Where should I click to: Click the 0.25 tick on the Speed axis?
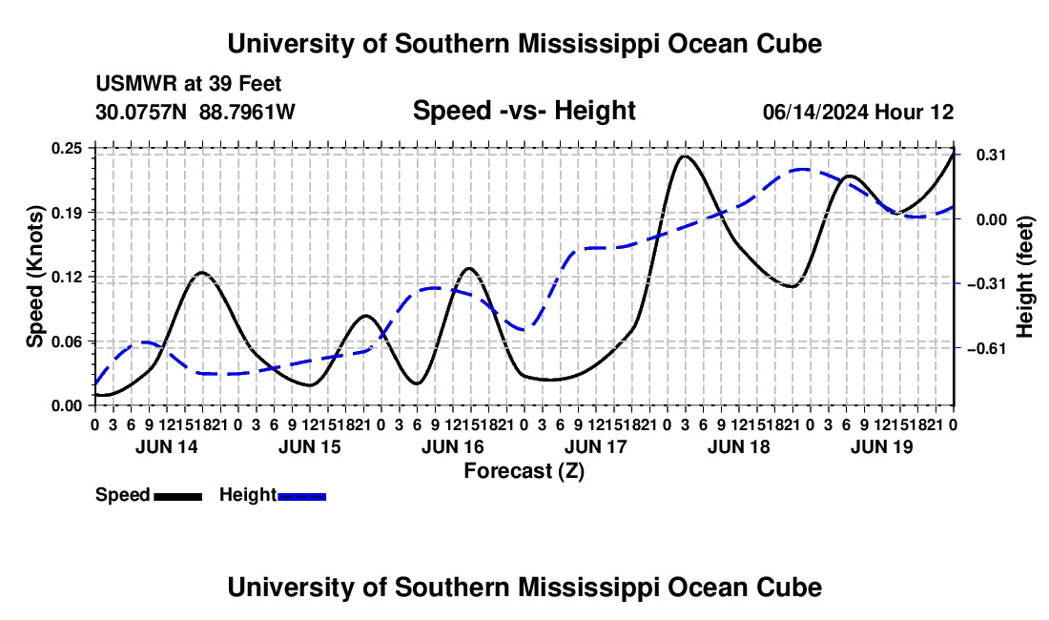pos(66,148)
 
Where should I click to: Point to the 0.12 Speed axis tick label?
pos(66,277)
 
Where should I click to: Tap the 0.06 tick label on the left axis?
pos(66,341)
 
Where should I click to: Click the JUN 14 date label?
pos(167,446)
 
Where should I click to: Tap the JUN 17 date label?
pos(595,446)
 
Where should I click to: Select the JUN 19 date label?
pos(882,446)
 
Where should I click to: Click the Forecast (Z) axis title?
pos(524,471)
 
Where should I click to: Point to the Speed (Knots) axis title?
pos(34,277)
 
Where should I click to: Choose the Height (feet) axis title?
pos(1024,277)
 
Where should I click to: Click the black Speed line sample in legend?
pos(178,497)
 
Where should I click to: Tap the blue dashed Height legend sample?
pos(301,497)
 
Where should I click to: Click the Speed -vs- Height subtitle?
pos(524,111)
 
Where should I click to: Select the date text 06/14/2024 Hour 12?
pos(858,112)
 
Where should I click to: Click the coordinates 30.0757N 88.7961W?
pos(195,112)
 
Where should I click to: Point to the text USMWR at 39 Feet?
pos(189,84)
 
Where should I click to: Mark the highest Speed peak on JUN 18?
pos(683,156)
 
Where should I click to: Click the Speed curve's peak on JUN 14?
pos(202,272)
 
